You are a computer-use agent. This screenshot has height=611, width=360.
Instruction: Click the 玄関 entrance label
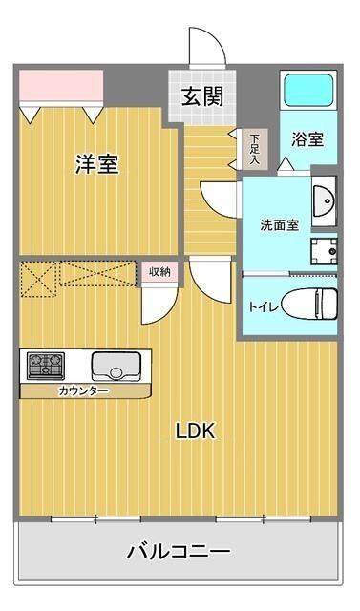click(x=202, y=96)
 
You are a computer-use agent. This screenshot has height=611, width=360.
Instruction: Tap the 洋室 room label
click(x=97, y=163)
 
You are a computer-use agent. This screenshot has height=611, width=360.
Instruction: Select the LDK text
click(x=195, y=432)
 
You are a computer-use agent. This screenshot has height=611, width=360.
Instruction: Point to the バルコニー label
click(x=179, y=552)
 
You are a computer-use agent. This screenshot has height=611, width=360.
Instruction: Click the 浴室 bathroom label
click(x=307, y=139)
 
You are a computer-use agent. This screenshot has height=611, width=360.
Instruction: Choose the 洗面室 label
click(x=280, y=225)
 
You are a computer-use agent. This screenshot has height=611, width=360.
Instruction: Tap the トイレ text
click(x=264, y=307)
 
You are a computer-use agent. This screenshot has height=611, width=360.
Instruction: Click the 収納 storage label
click(x=160, y=271)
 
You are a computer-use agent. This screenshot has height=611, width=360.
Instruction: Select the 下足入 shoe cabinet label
click(x=254, y=149)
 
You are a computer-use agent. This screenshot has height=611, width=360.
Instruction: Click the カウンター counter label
click(x=83, y=390)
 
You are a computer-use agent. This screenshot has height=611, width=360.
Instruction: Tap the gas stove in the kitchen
click(x=46, y=366)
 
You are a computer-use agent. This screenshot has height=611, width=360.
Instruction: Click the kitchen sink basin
click(x=116, y=367)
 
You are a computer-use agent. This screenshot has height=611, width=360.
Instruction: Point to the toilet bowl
click(x=309, y=304)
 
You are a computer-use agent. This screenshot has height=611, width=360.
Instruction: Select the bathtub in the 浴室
click(x=308, y=91)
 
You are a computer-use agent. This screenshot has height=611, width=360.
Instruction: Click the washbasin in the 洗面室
click(x=324, y=201)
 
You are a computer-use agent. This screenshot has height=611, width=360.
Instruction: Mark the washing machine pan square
click(x=324, y=251)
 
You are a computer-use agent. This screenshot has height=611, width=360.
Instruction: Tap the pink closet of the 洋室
click(x=61, y=85)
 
